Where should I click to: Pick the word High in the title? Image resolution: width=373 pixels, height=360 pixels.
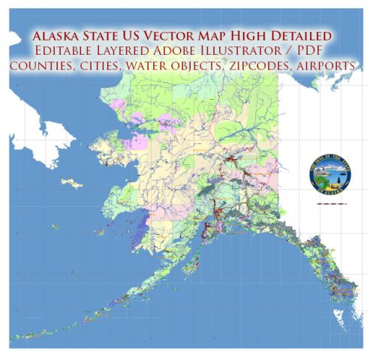(253, 35)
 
